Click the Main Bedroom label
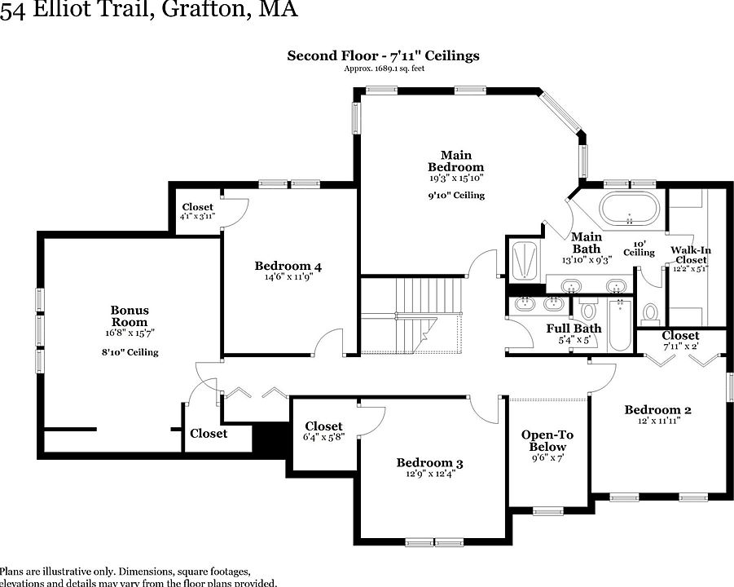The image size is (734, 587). click(x=456, y=161)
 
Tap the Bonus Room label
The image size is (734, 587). click(x=130, y=316)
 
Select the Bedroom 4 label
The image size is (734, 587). click(x=288, y=266)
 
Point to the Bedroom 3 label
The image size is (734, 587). click(x=429, y=463)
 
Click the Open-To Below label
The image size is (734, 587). click(x=547, y=440)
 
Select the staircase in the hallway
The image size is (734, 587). click(x=411, y=314)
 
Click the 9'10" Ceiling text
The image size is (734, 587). click(x=456, y=196)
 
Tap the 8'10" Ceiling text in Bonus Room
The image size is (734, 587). click(x=130, y=352)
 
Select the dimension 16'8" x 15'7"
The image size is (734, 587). click(x=130, y=333)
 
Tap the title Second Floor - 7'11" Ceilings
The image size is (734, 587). click(x=383, y=55)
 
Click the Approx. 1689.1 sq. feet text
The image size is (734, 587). click(x=383, y=68)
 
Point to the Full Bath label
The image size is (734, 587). click(x=574, y=329)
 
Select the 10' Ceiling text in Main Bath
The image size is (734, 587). click(x=639, y=249)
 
